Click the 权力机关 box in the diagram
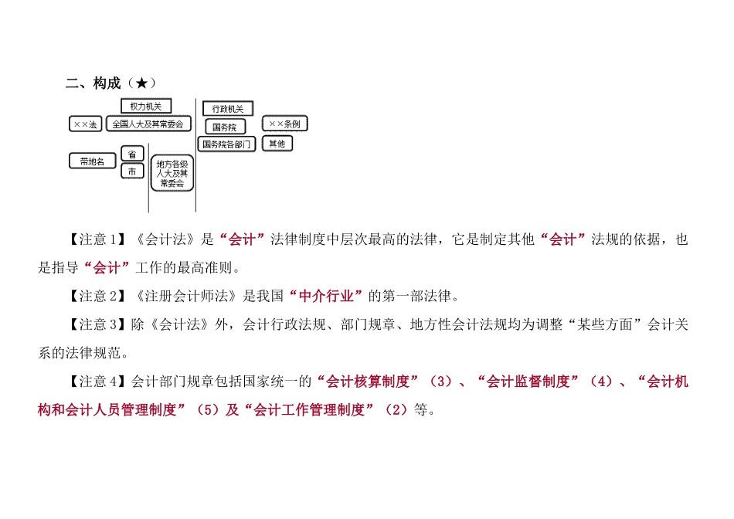[x=146, y=107]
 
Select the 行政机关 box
[x=227, y=109]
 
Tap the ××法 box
[x=85, y=124]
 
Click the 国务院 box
[x=224, y=127]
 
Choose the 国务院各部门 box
[x=227, y=144]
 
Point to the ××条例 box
[x=284, y=124]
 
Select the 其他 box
[x=277, y=143]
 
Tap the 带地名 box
[x=92, y=161]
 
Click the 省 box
[x=132, y=154]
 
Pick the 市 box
[x=132, y=171]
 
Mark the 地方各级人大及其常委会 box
[x=172, y=174]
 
